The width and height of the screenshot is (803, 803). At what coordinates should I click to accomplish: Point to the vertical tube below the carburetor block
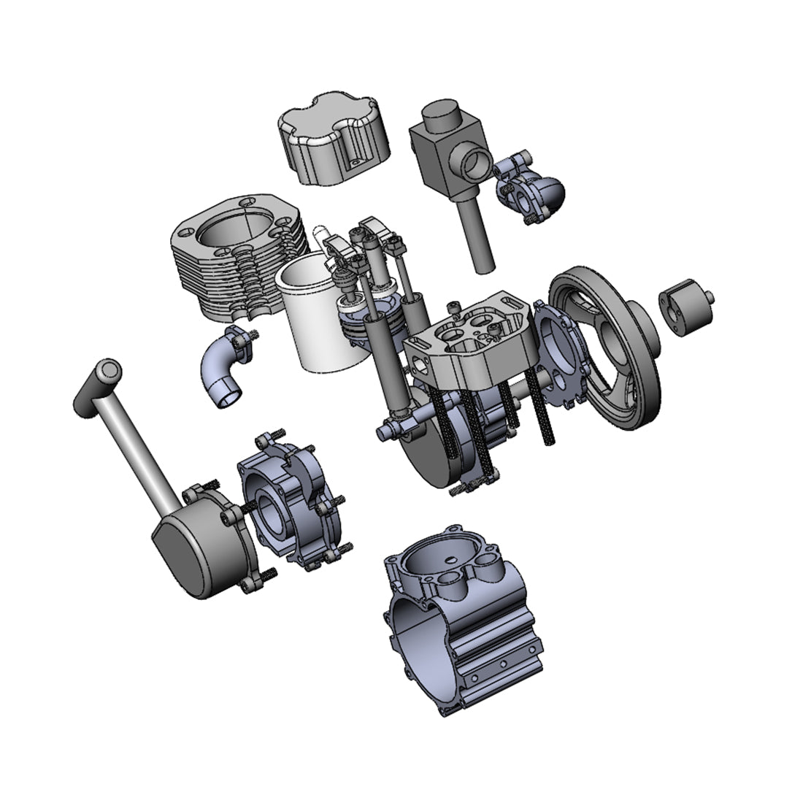tap(480, 234)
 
